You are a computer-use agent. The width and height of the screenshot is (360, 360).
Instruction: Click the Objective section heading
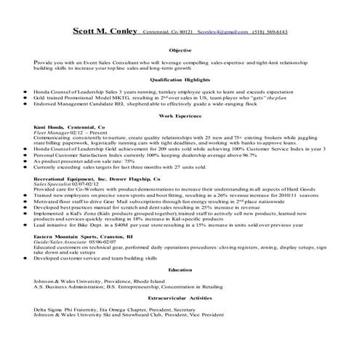[x=180, y=52]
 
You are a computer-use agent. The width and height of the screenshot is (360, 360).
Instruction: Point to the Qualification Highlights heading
[x=180, y=80]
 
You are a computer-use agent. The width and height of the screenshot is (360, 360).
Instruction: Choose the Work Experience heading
[x=180, y=115]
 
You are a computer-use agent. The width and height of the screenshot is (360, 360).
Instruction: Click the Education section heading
[x=180, y=289]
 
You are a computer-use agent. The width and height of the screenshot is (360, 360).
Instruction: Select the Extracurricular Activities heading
[x=180, y=318]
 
